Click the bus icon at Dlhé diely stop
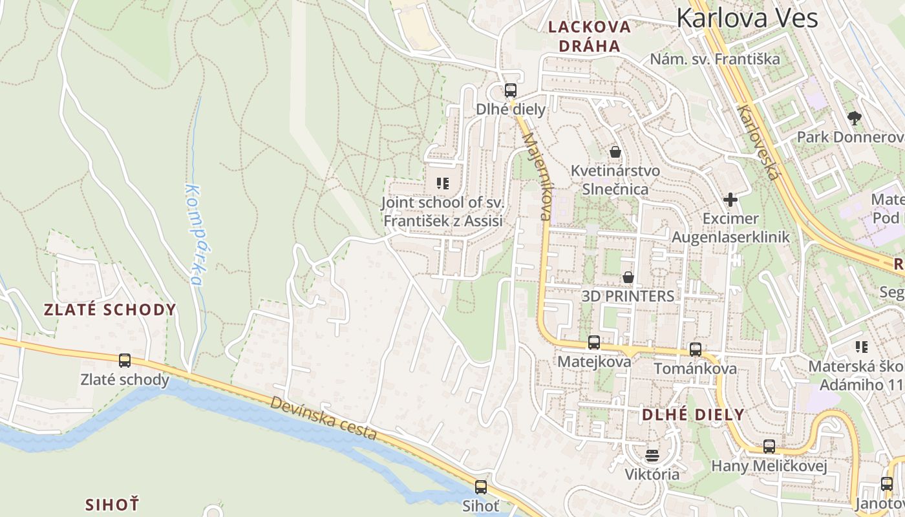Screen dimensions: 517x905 511,90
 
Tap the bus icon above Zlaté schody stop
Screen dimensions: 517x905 125,361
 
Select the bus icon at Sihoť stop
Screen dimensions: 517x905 481,487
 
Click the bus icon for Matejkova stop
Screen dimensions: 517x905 594,343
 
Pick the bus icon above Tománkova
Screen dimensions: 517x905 696,350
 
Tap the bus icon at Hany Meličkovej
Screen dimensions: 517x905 769,447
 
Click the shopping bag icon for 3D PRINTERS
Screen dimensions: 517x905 628,277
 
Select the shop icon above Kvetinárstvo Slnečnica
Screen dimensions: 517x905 615,152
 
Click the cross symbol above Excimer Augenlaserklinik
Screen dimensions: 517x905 730,200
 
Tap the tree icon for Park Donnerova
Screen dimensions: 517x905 855,118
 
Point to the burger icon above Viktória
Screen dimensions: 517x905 652,455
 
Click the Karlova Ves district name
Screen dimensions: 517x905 747,17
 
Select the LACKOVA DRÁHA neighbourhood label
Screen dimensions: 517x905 589,36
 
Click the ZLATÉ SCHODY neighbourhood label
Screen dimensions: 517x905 110,310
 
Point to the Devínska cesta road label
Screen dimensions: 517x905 323,419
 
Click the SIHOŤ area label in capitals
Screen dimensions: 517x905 112,504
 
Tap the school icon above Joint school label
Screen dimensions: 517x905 443,184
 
